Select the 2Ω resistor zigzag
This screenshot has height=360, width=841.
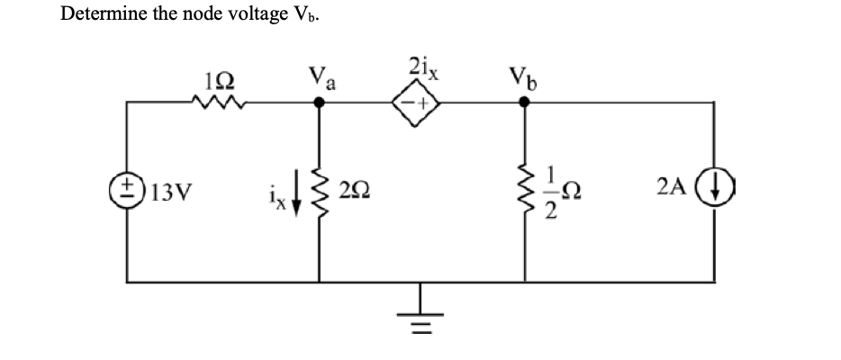pos(318,192)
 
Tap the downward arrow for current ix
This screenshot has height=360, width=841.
pos(294,192)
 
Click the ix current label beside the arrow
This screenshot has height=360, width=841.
pos(275,191)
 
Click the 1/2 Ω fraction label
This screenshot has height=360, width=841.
pos(560,192)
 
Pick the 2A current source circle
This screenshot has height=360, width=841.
pos(714,193)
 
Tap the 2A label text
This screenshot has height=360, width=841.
pos(675,192)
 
